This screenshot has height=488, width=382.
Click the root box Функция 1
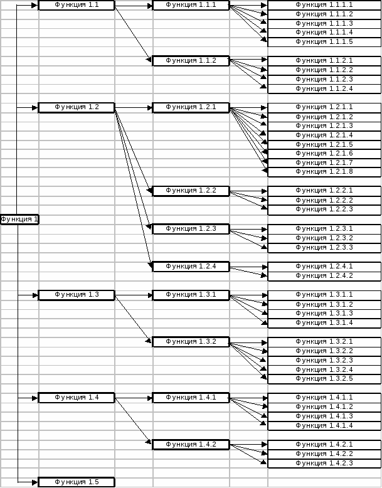(x=19, y=220)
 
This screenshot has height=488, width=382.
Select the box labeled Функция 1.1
(x=77, y=5)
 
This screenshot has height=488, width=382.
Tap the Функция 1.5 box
(x=77, y=482)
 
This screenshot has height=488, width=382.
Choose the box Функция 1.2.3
(x=191, y=229)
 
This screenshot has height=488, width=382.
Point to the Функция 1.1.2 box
(x=191, y=61)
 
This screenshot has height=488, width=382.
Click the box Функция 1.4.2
(x=191, y=445)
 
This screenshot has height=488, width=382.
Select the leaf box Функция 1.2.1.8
(x=324, y=172)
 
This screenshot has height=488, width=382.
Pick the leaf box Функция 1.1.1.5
(x=324, y=42)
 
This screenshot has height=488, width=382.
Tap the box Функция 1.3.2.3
(x=324, y=361)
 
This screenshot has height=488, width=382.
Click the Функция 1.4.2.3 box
(x=324, y=464)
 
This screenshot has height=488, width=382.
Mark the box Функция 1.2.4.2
(x=324, y=276)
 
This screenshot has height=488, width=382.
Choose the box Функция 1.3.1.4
(x=324, y=323)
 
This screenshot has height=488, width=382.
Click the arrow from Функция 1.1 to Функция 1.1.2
(x=133, y=33)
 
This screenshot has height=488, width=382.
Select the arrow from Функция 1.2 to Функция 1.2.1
(x=134, y=108)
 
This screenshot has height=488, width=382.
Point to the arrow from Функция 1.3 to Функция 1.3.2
(x=133, y=319)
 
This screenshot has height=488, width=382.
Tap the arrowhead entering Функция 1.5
(x=34, y=482)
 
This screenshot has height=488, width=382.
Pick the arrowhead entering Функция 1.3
(x=34, y=295)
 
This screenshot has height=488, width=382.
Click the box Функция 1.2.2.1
(x=324, y=191)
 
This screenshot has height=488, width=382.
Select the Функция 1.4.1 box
(x=191, y=398)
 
